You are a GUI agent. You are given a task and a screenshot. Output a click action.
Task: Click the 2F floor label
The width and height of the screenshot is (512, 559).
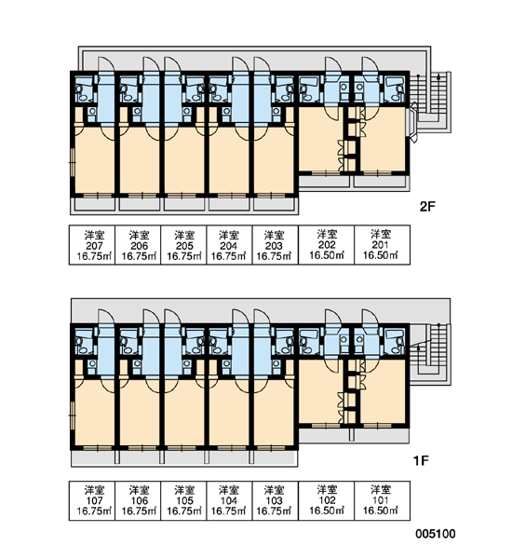point(427,207)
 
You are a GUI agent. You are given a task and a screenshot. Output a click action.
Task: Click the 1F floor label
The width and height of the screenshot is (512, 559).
point(421,460)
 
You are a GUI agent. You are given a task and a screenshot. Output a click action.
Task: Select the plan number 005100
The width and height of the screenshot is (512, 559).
point(436,534)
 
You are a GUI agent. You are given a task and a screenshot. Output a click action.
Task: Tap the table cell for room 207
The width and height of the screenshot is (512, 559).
point(92,245)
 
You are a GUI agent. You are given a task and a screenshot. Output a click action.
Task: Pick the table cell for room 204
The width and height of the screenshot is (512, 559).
point(229,245)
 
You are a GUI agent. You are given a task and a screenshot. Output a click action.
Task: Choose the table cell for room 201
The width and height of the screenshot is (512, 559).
point(382,245)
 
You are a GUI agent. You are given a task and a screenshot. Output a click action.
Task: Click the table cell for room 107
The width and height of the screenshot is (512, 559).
point(92,500)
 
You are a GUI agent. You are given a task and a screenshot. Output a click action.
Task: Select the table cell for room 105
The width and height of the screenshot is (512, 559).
point(183,500)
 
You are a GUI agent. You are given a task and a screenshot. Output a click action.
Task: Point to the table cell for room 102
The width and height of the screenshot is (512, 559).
point(327,500)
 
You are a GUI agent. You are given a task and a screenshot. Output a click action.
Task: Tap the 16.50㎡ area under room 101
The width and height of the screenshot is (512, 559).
point(380,511)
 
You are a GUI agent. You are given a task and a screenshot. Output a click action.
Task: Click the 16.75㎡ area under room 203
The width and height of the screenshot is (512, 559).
point(274,256)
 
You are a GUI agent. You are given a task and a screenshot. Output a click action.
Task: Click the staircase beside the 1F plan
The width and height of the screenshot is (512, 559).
point(431,355)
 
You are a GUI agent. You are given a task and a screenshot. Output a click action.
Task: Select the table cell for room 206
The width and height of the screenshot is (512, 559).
point(138,245)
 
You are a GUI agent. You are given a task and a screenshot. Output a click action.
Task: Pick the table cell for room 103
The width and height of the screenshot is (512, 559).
point(276,500)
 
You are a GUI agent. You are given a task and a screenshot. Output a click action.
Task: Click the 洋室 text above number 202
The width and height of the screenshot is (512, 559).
point(327,234)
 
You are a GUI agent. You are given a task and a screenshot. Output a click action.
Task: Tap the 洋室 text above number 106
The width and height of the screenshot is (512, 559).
point(139,490)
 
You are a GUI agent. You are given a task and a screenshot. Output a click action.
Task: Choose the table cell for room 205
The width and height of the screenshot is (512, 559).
point(183,245)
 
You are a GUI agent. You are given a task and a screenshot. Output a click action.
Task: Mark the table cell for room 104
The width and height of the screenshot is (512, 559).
point(229,500)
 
